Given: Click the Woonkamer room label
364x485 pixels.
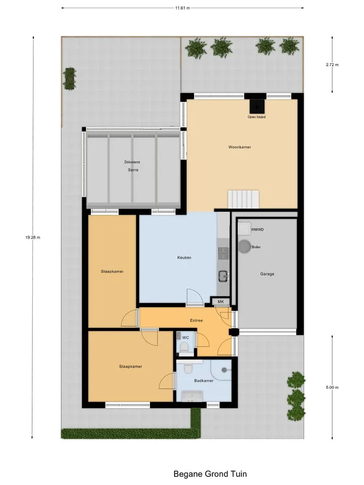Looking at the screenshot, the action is click(x=240, y=147).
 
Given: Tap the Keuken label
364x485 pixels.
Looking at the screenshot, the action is click(x=184, y=257).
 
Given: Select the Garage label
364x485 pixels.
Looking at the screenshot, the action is click(x=267, y=274).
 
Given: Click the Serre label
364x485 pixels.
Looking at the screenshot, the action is click(x=133, y=170).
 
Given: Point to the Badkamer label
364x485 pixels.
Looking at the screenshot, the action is click(x=204, y=380).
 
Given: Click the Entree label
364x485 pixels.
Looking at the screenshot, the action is click(x=197, y=320).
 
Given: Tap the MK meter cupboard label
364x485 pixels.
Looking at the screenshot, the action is click(x=221, y=302).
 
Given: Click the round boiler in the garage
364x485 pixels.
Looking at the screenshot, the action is click(x=245, y=247).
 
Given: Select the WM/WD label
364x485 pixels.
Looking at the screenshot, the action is click(x=257, y=229).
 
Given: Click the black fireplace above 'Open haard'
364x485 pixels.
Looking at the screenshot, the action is click(x=257, y=107).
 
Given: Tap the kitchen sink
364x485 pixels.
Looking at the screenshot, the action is click(x=223, y=276).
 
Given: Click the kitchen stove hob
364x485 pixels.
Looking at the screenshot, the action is click(x=223, y=253).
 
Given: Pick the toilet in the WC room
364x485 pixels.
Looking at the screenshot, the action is click(x=185, y=347).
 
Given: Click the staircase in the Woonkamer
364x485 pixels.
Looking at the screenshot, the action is click(x=244, y=199).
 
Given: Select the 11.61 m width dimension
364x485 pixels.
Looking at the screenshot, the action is click(x=183, y=8).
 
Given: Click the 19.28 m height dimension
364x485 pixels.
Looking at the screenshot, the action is click(x=33, y=237).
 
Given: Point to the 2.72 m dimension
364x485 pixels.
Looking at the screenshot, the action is click(x=332, y=65).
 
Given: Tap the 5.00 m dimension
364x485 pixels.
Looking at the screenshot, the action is click(x=332, y=387).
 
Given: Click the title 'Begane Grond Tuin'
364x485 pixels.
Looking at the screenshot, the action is click(x=210, y=474).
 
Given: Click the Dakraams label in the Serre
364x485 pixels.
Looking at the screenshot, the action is click(x=132, y=162).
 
